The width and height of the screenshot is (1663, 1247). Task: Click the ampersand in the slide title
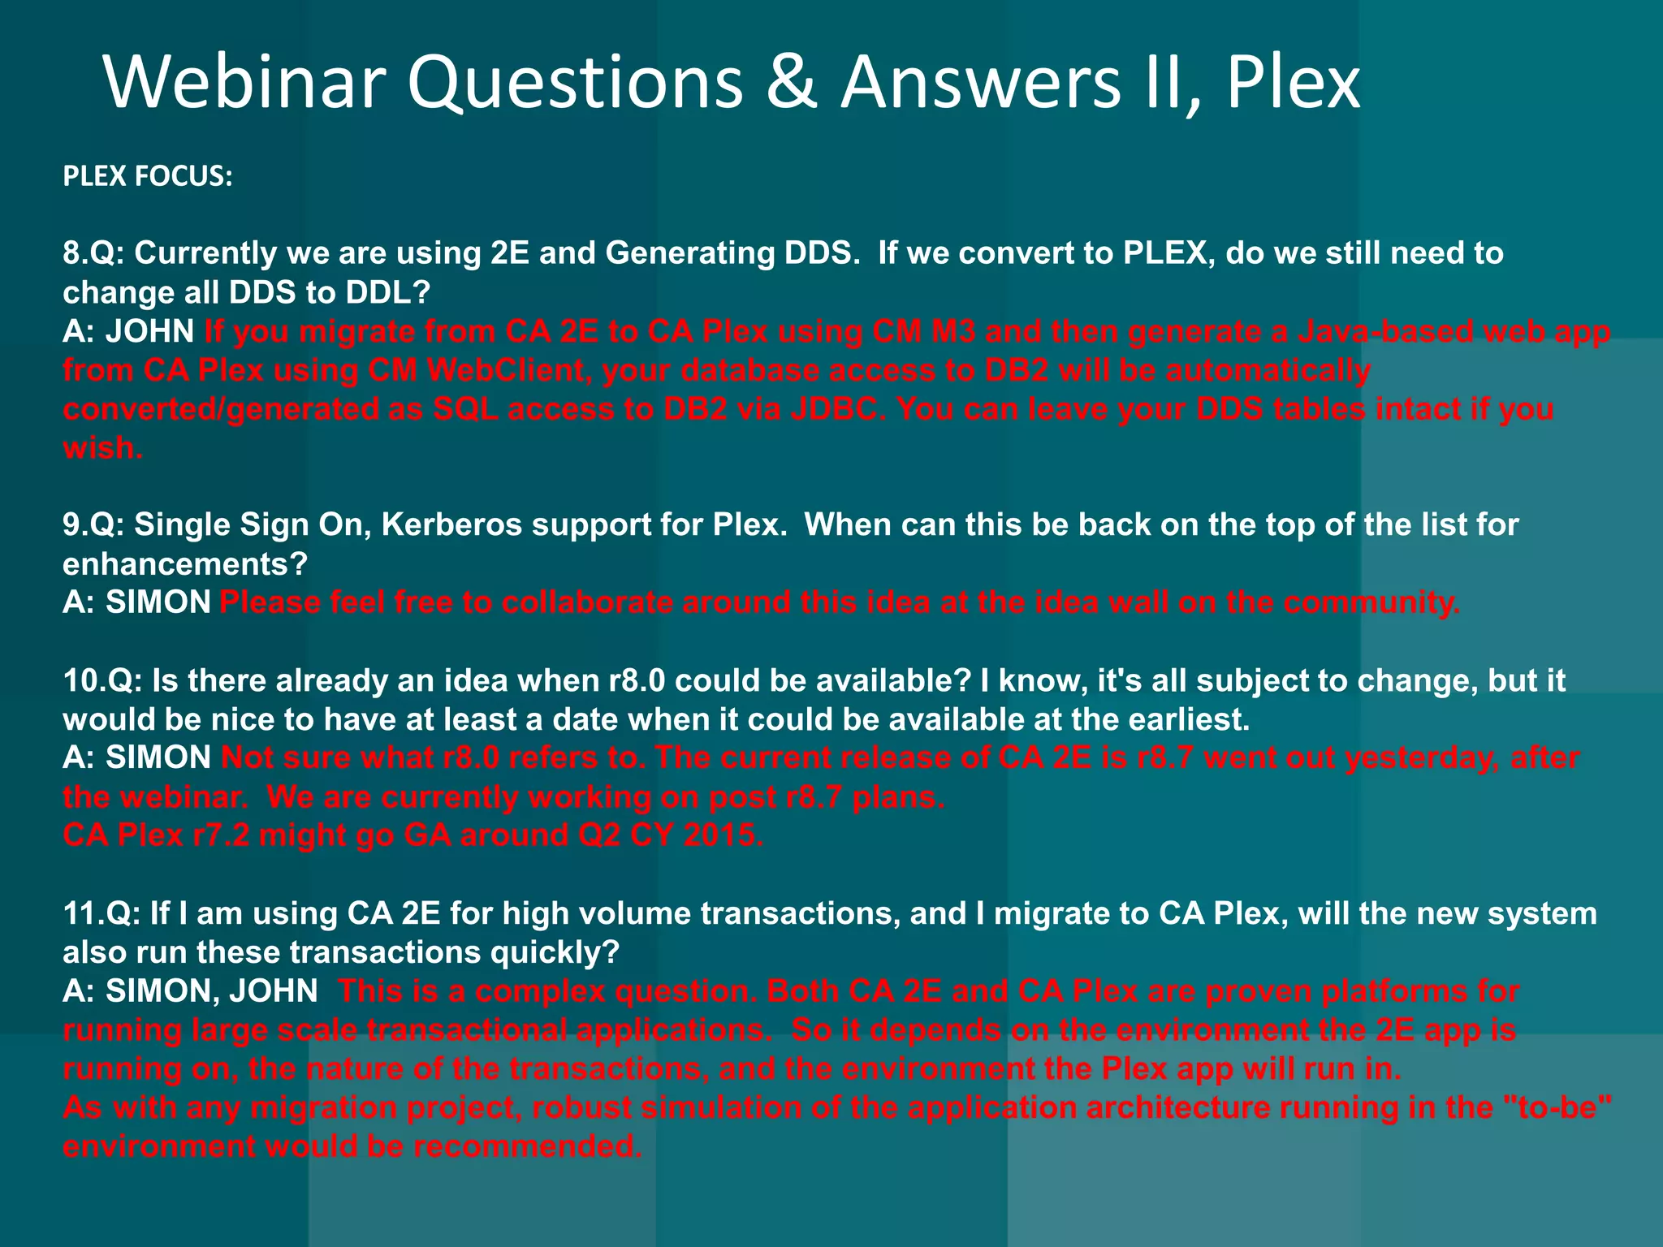pyautogui.click(x=791, y=83)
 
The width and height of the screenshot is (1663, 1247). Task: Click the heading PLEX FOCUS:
pyautogui.click(x=148, y=176)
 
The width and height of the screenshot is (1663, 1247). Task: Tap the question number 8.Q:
pyautogui.click(x=93, y=253)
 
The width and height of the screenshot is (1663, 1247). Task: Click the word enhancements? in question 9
pyautogui.click(x=185, y=564)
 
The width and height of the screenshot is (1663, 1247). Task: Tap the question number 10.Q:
pyautogui.click(x=102, y=680)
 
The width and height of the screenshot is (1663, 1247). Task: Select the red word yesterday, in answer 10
pyautogui.click(x=1421, y=758)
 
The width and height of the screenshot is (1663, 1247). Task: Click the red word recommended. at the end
pyautogui.click(x=527, y=1146)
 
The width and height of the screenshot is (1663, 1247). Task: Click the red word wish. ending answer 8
pyautogui.click(x=103, y=448)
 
